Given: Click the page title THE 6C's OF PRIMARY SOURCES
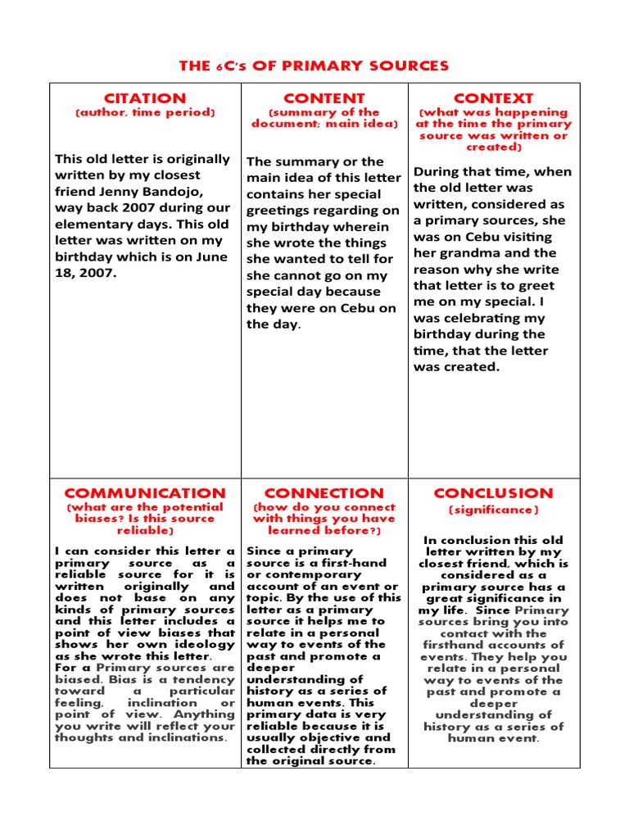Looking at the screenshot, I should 314,66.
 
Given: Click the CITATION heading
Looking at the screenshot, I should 144,98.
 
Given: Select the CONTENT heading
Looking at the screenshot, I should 324,98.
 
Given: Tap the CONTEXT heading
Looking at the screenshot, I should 494,98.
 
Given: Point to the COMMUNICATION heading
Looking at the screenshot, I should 144,493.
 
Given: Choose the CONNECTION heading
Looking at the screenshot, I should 324,493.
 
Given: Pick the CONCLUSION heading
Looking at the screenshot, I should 494,493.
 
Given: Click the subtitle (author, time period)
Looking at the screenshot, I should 144,112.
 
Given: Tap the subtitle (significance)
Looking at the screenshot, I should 494,510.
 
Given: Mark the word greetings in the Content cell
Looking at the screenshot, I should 280,211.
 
